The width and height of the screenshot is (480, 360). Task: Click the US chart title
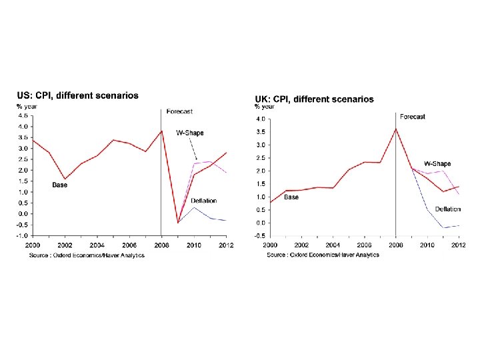[78, 95]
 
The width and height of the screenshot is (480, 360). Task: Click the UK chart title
[315, 99]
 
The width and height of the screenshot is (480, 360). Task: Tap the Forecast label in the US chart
[180, 111]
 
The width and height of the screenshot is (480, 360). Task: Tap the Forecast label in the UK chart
[413, 117]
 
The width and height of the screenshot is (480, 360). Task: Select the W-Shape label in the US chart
[189, 133]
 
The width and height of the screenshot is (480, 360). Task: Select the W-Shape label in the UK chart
[437, 164]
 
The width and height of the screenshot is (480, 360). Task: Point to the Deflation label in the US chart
[203, 201]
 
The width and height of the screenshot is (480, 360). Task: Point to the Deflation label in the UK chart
[448, 209]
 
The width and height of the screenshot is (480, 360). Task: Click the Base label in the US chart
[60, 185]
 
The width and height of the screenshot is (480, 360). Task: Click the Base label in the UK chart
[291, 197]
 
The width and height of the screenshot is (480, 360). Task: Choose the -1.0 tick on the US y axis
[22, 235]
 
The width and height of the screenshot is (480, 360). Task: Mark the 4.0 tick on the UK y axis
[261, 119]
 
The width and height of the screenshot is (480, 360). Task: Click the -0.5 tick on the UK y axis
[261, 236]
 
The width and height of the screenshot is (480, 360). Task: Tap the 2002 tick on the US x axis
[65, 245]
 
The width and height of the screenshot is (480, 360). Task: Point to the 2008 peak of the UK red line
[396, 129]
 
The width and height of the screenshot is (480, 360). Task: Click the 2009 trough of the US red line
[178, 223]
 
